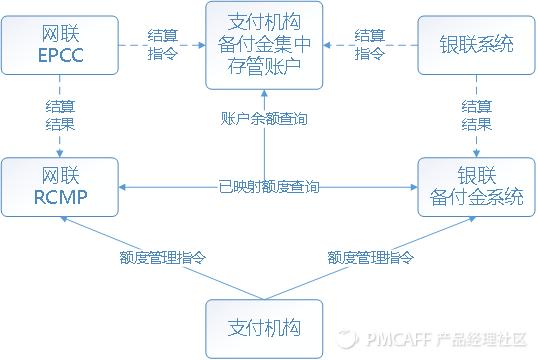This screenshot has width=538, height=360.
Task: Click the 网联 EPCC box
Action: pos(61,44)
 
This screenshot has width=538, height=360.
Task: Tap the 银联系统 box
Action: pos(476,44)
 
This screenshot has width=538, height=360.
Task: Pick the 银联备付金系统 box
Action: pos(476,186)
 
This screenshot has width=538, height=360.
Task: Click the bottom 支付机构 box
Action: pos(264,328)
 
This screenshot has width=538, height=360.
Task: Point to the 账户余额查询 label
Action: pos(264,118)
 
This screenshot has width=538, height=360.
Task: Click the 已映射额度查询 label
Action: pos(269,186)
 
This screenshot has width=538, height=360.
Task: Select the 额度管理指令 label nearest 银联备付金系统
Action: pos(370,257)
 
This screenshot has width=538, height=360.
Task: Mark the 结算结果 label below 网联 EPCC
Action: pos(60,115)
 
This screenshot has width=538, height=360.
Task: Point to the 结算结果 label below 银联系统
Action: pos(476,115)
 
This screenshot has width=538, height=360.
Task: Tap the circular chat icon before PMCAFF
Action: pos(346,340)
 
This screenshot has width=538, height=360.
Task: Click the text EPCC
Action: pos(61,55)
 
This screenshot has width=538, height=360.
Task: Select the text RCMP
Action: pos(61,196)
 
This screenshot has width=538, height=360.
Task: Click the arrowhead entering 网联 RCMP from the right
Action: pos(126,186)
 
